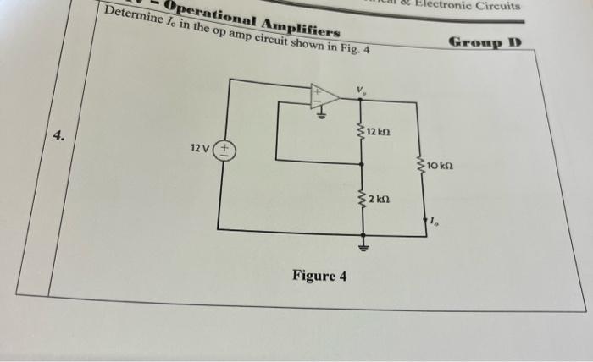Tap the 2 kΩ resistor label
[x=378, y=200]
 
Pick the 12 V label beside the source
[x=200, y=148]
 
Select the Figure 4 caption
[x=319, y=277]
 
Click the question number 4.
[x=58, y=134]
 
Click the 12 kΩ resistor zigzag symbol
[x=363, y=133]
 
